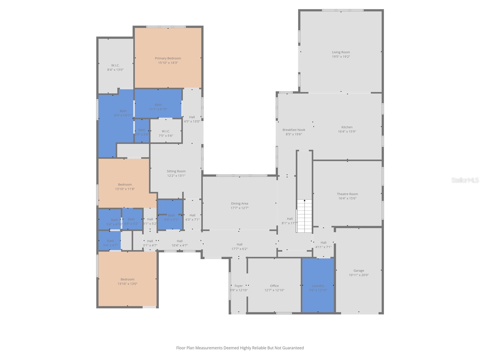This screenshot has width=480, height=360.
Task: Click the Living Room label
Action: (x=341, y=52)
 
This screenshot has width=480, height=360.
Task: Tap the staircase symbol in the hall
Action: (x=304, y=216)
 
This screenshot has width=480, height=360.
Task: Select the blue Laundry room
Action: (x=318, y=285)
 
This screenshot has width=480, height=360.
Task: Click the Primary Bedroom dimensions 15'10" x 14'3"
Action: (x=168, y=63)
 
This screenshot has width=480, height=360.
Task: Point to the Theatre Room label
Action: (x=347, y=194)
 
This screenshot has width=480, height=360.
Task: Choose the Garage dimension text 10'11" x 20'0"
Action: (x=358, y=275)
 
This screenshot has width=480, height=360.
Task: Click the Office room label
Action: (x=274, y=286)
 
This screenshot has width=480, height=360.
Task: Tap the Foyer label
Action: (x=238, y=286)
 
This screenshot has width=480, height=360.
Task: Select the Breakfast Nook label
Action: (x=294, y=130)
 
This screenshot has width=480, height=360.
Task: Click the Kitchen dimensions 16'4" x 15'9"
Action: (x=347, y=131)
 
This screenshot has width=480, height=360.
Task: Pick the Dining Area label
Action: (x=239, y=204)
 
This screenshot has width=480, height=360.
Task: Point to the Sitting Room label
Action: (x=176, y=171)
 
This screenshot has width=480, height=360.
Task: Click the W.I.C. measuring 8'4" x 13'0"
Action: (x=115, y=67)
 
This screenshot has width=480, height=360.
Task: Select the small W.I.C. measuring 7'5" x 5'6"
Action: (x=166, y=133)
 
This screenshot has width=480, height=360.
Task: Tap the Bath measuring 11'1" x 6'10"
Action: (x=158, y=107)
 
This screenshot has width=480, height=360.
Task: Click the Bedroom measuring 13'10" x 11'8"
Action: (x=125, y=187)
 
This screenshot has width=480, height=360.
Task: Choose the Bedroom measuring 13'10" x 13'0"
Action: (x=127, y=281)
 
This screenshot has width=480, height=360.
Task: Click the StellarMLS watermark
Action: (x=465, y=180)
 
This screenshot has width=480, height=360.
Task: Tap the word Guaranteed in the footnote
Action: (x=292, y=348)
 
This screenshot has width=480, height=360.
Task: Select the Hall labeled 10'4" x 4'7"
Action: (x=179, y=243)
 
